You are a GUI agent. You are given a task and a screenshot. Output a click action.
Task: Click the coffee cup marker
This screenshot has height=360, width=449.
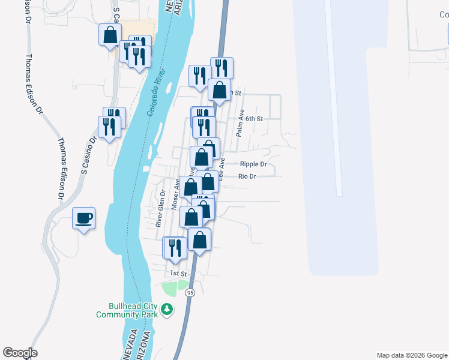pos(83,218)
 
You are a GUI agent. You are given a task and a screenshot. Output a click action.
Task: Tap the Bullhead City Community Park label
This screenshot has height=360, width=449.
pos(127,309)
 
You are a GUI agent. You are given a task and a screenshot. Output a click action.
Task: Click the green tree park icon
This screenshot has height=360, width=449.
pos(167,310)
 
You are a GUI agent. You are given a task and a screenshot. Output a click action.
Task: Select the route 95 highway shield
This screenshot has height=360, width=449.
pos(190,292)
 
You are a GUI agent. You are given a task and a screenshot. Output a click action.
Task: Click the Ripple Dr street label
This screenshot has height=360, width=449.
pos(253,164)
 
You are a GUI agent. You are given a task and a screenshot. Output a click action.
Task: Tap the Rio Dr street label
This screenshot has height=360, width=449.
pos(247,176)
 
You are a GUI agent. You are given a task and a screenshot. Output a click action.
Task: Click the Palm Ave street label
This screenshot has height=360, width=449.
pos(240,123)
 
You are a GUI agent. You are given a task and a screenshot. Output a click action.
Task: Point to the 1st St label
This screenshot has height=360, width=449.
pos(178,273)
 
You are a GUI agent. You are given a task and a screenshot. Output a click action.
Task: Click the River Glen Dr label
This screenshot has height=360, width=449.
pos(160,208)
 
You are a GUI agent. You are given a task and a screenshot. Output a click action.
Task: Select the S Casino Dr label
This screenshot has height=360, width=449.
pos(89,155)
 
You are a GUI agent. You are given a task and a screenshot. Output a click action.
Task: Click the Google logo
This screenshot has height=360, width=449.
pos(20,353)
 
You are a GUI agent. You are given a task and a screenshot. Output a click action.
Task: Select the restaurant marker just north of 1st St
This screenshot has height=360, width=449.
pos(176,248)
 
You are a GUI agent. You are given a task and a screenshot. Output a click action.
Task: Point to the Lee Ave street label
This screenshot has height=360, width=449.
pos(221,170)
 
